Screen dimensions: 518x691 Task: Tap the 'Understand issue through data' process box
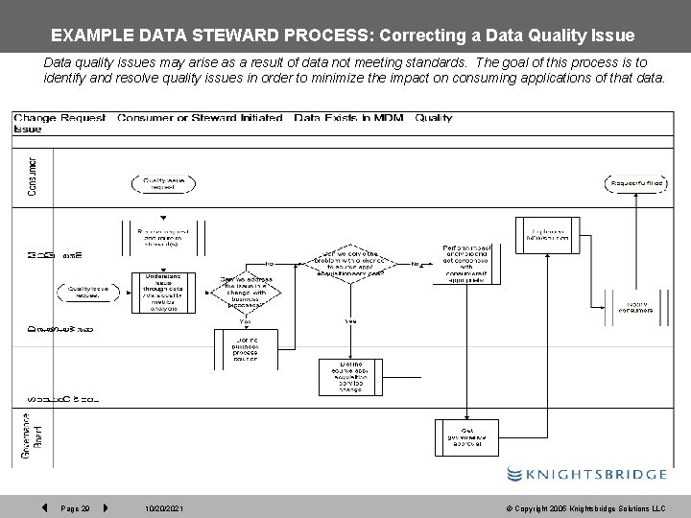click(163, 293)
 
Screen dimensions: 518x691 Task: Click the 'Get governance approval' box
click(468, 436)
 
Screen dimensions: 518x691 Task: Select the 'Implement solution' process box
click(549, 235)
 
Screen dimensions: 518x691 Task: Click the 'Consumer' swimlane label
click(34, 177)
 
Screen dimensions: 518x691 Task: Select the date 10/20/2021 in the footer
click(163, 506)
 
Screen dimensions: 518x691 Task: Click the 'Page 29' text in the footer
click(74, 506)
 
